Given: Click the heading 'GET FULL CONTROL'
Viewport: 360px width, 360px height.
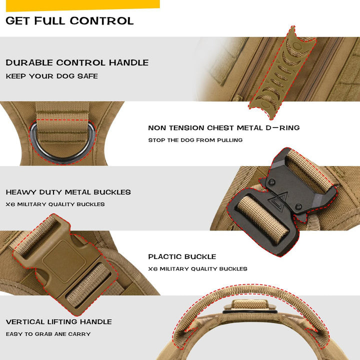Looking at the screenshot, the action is click(x=69, y=21).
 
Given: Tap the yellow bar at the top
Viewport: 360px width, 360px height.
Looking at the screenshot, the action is click(x=83, y=5).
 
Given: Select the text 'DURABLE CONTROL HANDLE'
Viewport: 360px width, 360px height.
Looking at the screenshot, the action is click(x=77, y=62).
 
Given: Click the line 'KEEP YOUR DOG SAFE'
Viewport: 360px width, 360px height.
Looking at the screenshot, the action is click(x=52, y=76).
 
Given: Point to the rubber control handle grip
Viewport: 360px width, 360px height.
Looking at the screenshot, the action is click(x=282, y=73).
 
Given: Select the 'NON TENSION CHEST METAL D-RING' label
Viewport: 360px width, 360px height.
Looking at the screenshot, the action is click(x=224, y=128).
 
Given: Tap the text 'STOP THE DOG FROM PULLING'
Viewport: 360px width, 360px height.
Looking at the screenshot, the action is click(x=195, y=140).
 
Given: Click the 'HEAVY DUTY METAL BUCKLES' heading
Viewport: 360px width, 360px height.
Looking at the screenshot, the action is click(x=68, y=192).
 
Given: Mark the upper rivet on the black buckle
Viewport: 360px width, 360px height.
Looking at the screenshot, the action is click(x=272, y=182).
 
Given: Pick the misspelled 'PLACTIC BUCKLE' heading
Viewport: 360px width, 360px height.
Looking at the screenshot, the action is click(x=182, y=256).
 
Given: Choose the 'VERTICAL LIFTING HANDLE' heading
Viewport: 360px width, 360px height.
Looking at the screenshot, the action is click(x=59, y=321).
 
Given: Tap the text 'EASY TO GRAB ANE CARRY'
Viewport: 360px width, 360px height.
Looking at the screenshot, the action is click(x=48, y=334).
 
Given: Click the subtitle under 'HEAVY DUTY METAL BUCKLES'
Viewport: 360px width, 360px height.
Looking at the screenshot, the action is click(x=55, y=204).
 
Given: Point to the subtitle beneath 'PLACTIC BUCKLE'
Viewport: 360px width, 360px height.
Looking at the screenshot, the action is click(x=197, y=269).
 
